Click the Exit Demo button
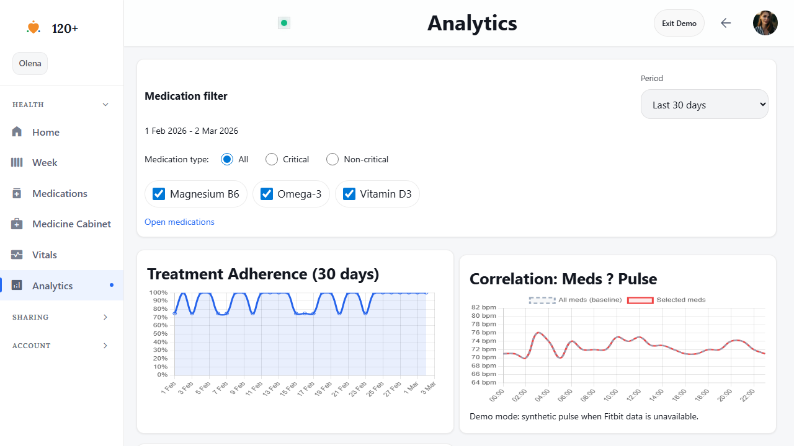point(679,24)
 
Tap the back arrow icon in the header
point(726,23)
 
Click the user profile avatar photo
point(765,23)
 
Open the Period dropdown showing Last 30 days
point(704,105)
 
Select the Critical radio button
point(272,159)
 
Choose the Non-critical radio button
point(332,159)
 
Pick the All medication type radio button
point(227,159)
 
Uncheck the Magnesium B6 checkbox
point(159,194)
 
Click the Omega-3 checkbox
point(267,194)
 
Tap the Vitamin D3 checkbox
point(349,194)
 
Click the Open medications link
point(179,222)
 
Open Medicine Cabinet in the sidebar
point(71,224)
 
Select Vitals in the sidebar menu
point(45,255)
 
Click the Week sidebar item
point(45,162)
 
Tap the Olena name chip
point(30,63)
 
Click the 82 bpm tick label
point(484,307)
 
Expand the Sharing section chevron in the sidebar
point(105,317)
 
